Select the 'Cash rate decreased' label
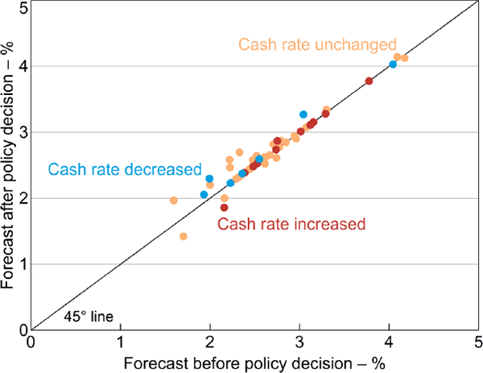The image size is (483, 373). pyautogui.click(x=125, y=169)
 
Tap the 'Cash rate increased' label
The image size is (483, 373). pyautogui.click(x=291, y=223)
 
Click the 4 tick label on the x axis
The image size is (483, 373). pyautogui.click(x=390, y=342)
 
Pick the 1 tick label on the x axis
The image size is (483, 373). pyautogui.click(x=121, y=342)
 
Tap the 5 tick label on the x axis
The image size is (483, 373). pyautogui.click(x=478, y=342)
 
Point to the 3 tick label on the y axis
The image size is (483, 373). pyautogui.click(x=19, y=132)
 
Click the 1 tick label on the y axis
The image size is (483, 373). pyautogui.click(x=19, y=263)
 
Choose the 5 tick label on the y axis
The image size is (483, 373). pyautogui.click(x=19, y=8)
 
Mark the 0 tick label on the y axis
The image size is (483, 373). pyautogui.click(x=19, y=329)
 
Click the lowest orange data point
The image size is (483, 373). pyautogui.click(x=184, y=236)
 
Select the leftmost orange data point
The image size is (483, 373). pyautogui.click(x=173, y=200)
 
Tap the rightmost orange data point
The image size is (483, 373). pyautogui.click(x=405, y=58)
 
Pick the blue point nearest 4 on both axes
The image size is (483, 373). pyautogui.click(x=393, y=64)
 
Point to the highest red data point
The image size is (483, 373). pyautogui.click(x=369, y=81)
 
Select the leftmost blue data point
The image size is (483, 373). pyautogui.click(x=204, y=194)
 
